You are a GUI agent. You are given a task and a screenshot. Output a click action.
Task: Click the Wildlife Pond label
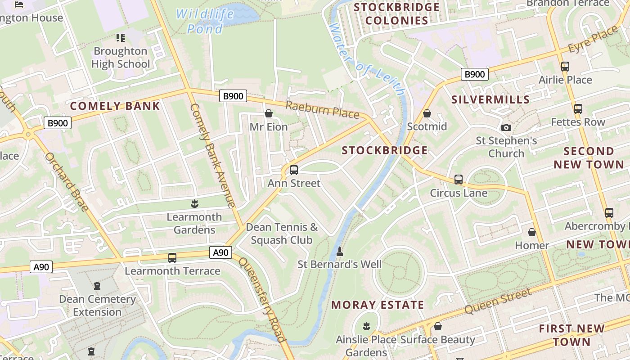(x=205, y=21)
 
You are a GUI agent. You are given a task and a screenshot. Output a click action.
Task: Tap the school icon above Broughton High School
(x=120, y=38)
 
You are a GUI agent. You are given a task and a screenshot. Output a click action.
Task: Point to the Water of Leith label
(x=366, y=58)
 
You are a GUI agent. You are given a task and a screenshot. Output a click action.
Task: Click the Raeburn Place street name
(x=322, y=110)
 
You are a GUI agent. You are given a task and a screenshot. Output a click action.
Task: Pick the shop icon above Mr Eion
(x=269, y=113)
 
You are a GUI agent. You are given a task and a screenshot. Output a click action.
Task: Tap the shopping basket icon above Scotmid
(x=427, y=113)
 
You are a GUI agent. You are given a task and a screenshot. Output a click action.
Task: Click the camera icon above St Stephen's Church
(x=506, y=128)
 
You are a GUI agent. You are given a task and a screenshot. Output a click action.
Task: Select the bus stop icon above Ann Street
(x=294, y=170)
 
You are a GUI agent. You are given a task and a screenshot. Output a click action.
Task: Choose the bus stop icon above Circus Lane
(x=459, y=180)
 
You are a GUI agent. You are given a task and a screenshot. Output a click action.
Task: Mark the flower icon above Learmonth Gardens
(x=194, y=204)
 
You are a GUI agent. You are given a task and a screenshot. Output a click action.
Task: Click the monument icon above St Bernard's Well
(x=340, y=251)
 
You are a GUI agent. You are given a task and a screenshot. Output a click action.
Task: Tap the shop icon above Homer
(x=532, y=232)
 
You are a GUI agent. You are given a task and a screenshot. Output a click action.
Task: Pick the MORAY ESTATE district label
(x=378, y=305)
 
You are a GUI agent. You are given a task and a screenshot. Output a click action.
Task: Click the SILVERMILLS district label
(x=490, y=99)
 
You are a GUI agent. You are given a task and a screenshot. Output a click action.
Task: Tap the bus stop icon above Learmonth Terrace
(x=172, y=258)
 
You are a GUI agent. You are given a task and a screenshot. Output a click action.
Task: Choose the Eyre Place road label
(x=594, y=39)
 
